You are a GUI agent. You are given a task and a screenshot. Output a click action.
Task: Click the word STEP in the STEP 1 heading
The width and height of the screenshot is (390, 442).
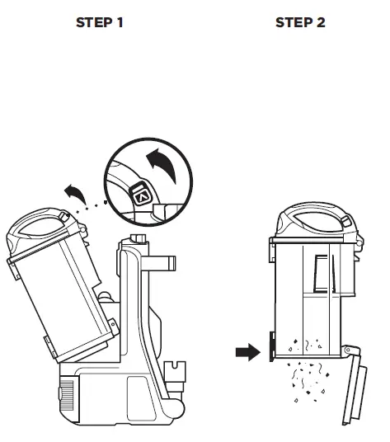(x=92, y=22)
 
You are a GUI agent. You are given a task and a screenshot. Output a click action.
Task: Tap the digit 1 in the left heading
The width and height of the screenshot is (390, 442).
(x=120, y=22)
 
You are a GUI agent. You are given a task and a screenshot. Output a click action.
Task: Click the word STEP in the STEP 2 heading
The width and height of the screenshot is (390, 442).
(x=292, y=22)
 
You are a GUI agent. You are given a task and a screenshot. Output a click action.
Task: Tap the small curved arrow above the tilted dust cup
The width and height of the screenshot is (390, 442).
(x=74, y=195)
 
